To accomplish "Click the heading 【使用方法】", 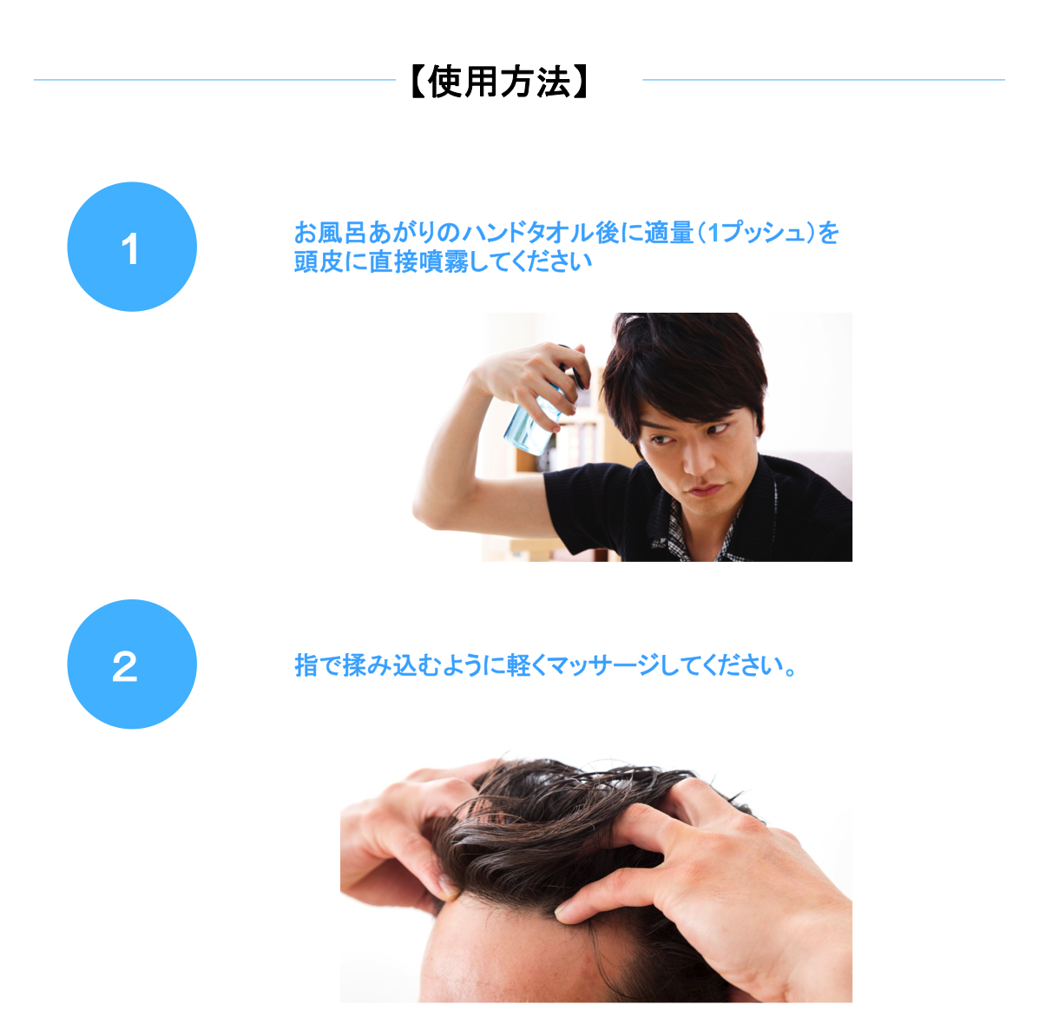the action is [500, 82].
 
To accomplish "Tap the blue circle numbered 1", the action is [132, 247].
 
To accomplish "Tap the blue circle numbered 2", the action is [132, 664].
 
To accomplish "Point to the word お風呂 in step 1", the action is [331, 233].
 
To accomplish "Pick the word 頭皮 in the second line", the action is [319, 262].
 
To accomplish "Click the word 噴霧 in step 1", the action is [444, 262].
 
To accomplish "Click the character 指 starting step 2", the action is [306, 665].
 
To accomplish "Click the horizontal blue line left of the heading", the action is [214, 80].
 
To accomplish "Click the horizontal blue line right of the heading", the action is [824, 80].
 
